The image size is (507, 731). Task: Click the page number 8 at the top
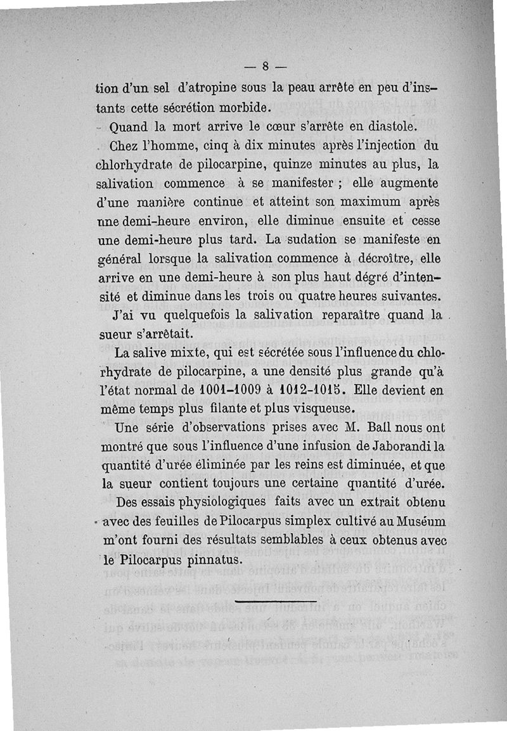266,65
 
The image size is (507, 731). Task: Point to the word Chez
129,146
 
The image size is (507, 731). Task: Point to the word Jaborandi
401,446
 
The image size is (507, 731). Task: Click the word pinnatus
209,560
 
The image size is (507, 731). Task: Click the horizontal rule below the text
275,601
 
